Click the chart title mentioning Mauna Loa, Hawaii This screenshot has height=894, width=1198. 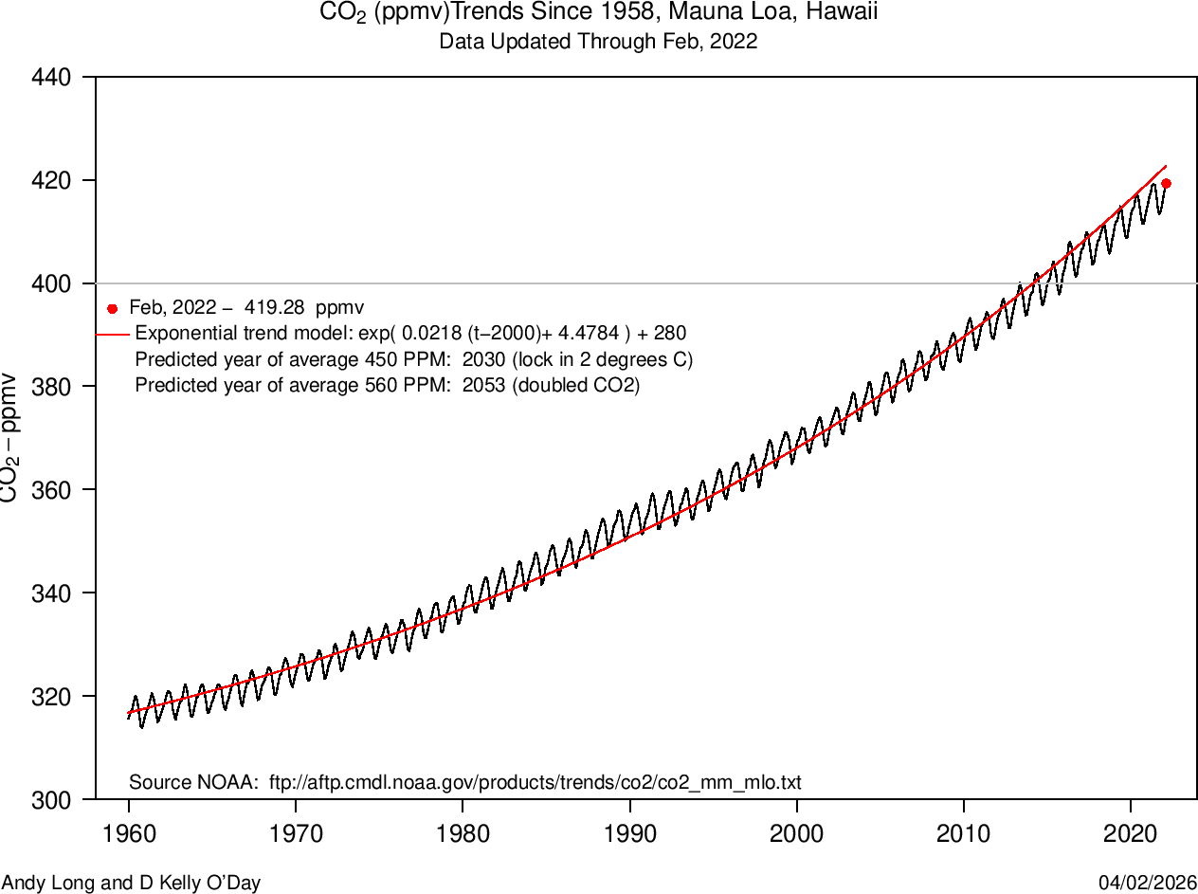tap(598, 14)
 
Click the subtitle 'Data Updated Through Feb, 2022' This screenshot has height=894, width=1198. tap(598, 43)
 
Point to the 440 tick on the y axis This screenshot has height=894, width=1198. tap(51, 77)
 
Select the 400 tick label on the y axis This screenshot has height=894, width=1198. tap(51, 283)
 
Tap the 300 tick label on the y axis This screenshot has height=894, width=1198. tap(51, 800)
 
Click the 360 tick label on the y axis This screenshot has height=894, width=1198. tap(51, 490)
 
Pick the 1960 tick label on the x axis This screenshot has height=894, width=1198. tap(129, 834)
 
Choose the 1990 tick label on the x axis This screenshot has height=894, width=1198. tap(630, 834)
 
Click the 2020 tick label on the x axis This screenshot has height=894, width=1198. tap(1131, 834)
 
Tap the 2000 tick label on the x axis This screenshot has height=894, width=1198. tap(797, 834)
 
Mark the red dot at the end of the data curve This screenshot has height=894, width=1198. tap(1166, 183)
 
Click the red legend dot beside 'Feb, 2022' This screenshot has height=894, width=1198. tap(113, 308)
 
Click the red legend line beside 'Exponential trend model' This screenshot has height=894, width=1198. tap(112, 334)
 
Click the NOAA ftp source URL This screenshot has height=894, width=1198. tap(535, 783)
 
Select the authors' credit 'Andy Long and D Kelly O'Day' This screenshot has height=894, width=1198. tap(131, 884)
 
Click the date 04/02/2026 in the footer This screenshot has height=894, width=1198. tap(1148, 884)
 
